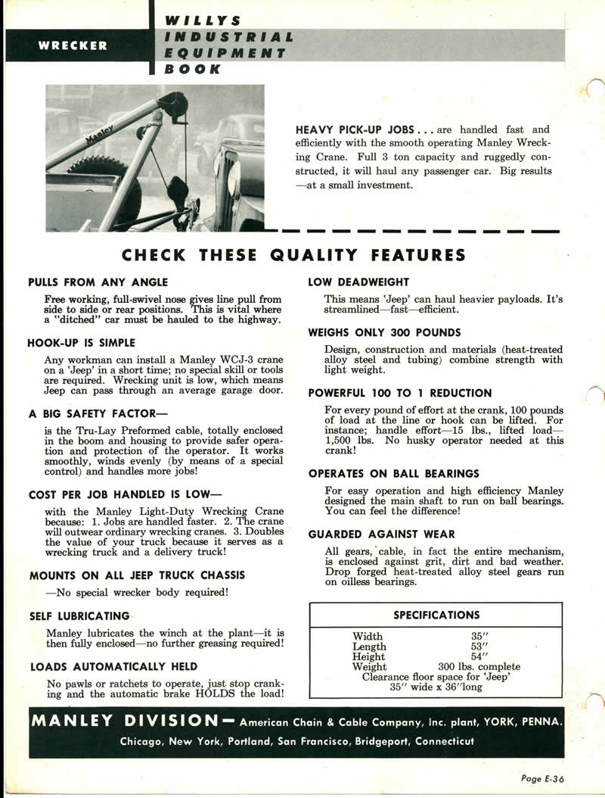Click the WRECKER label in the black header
(73, 45)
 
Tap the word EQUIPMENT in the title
(225, 53)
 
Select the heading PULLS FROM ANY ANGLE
(98, 282)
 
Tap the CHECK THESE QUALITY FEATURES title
(293, 254)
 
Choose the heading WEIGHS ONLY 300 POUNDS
(384, 332)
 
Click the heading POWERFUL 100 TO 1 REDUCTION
(400, 393)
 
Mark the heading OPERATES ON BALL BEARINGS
(394, 473)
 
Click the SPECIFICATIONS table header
(436, 615)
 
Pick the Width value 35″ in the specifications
(480, 637)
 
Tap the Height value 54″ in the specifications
(480, 657)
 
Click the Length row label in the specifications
(369, 647)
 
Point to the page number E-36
(544, 778)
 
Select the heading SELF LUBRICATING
(79, 616)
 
